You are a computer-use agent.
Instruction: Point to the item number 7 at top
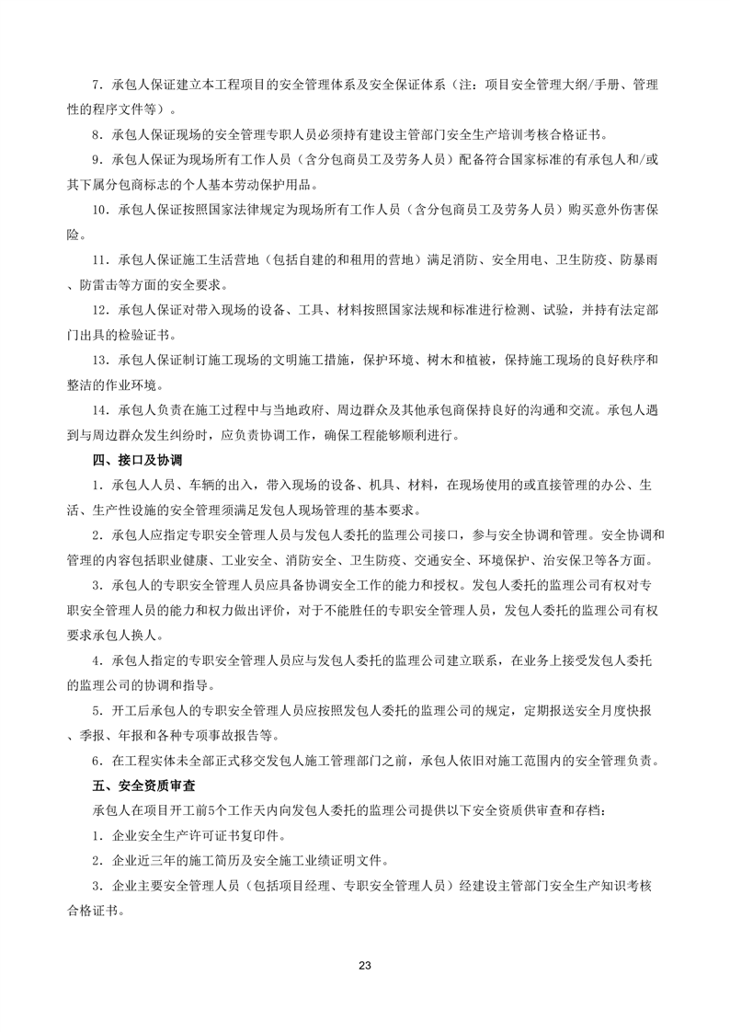(97, 85)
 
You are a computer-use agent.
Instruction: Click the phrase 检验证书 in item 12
(145, 334)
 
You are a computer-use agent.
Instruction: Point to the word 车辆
(200, 484)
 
